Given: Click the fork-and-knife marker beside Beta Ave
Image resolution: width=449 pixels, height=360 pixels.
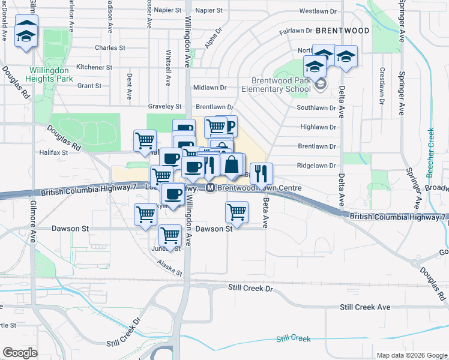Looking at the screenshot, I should coord(261,173).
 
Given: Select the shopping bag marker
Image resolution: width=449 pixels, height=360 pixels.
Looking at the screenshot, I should coord(232,164).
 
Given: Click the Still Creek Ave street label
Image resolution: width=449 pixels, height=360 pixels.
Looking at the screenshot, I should coord(365,307).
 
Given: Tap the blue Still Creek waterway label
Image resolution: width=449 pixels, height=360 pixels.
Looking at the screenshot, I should coord(294,339).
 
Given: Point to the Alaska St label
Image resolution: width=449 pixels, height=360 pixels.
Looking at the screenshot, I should coord(169,268).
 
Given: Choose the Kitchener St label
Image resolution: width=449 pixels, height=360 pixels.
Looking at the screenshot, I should coord(91,67).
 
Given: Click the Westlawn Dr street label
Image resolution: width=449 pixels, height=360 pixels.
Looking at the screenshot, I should coord(322,11).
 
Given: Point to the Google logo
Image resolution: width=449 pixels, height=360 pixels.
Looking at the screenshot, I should coord(20,352).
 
